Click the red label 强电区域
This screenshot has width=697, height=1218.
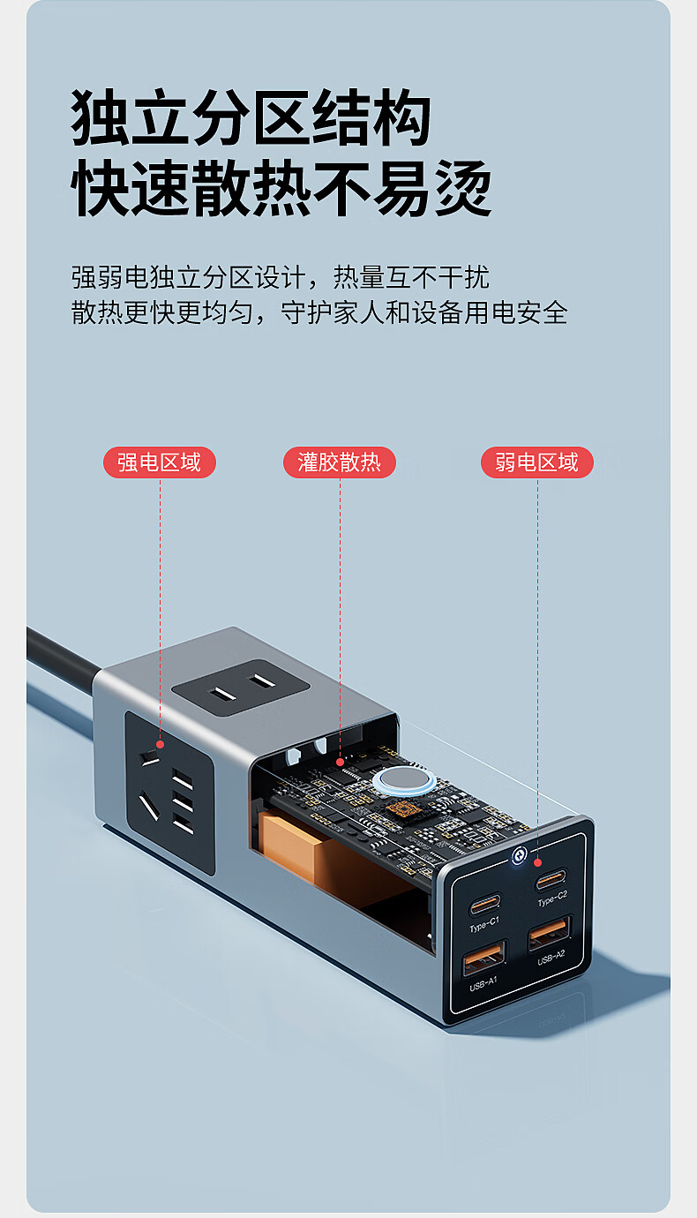pyautogui.click(x=160, y=462)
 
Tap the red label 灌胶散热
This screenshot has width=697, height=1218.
pyautogui.click(x=340, y=462)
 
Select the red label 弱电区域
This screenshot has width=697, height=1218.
pyautogui.click(x=536, y=462)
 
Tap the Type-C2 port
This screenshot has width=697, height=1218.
pyautogui.click(x=551, y=879)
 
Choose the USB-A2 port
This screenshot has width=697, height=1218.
pyautogui.click(x=550, y=933)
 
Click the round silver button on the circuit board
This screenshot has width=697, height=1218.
pyautogui.click(x=403, y=780)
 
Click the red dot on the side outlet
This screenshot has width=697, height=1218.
pyautogui.click(x=160, y=744)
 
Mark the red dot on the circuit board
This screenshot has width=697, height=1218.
pyautogui.click(x=340, y=762)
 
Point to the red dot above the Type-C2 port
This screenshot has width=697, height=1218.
pyautogui.click(x=537, y=861)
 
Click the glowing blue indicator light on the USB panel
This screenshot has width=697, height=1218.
pyautogui.click(x=519, y=856)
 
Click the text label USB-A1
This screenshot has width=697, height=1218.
pyautogui.click(x=483, y=983)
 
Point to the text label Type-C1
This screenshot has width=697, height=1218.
pyautogui.click(x=484, y=924)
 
